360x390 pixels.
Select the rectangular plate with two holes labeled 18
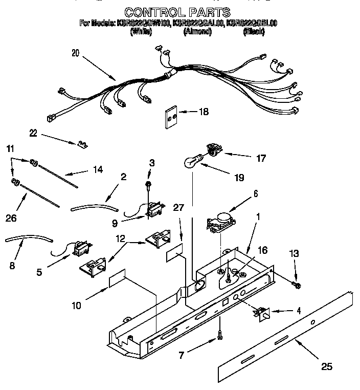pos(171,118)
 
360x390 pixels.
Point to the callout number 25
pos(327,366)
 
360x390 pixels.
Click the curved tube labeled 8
pos(29,239)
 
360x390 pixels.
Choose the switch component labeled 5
pos(80,250)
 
